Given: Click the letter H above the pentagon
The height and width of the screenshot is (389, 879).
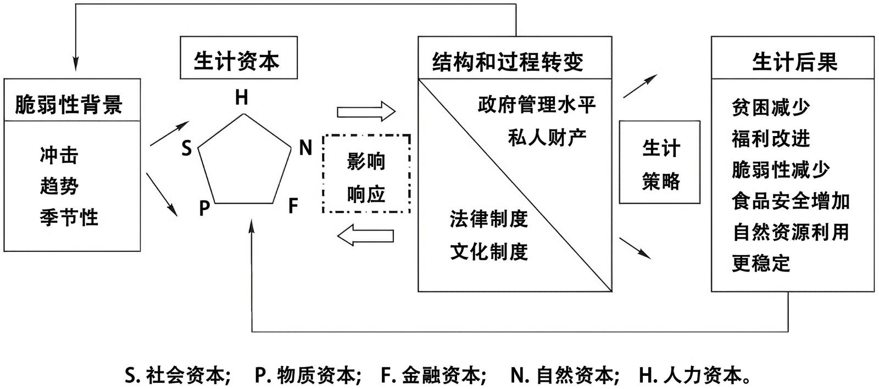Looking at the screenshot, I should tap(242, 98).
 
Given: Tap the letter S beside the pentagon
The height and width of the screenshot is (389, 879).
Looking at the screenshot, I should tap(187, 148).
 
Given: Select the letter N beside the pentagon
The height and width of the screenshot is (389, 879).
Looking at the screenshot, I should tap(305, 148).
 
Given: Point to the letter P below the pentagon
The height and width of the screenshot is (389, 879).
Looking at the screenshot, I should tap(204, 208).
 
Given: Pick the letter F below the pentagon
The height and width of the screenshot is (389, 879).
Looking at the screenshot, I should tap(293, 206).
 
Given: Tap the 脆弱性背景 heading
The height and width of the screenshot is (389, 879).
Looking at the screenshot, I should tap(69, 104).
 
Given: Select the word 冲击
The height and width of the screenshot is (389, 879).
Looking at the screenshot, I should tap(59, 155).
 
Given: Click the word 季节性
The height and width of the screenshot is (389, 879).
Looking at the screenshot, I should tap(69, 217).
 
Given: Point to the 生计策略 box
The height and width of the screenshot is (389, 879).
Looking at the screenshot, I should tap(660, 163).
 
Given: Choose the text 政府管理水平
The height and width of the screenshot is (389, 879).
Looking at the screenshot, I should tap(537, 105).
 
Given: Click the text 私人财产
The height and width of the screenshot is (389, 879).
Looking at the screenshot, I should tap(547, 137).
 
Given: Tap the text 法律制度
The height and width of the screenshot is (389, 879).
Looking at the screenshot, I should tap(488, 219).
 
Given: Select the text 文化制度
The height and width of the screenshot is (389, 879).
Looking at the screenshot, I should tap(488, 251).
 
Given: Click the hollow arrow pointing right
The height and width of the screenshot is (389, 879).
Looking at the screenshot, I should tap(366, 112).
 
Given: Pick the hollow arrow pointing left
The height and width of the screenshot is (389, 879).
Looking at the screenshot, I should tap(366, 236).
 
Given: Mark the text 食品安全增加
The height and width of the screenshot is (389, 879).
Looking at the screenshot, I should tap(791, 201).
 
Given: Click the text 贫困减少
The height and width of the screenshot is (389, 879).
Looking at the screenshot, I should tap(771, 108).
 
